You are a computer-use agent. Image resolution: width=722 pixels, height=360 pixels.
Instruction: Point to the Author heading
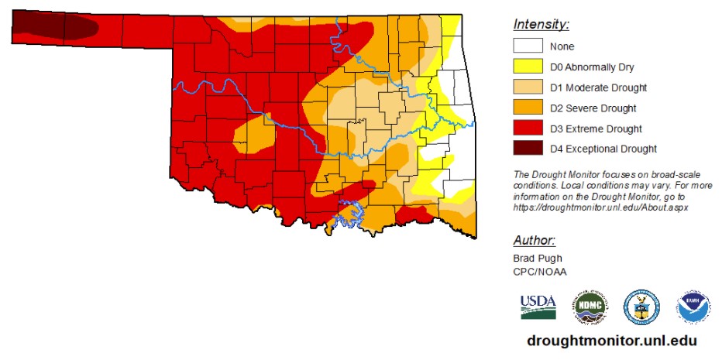click(534, 239)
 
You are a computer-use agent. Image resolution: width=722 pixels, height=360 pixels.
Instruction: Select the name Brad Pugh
click(536, 257)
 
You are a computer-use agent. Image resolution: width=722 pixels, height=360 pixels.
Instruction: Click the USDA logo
click(538, 307)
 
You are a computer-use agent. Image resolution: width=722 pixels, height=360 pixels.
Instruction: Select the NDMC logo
click(589, 307)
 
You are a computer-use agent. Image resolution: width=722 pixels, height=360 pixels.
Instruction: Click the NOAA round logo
click(693, 307)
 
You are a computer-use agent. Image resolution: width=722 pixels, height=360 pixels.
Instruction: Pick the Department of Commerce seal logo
click(641, 307)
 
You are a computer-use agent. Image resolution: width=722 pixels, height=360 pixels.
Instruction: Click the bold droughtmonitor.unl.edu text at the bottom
click(611, 341)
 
